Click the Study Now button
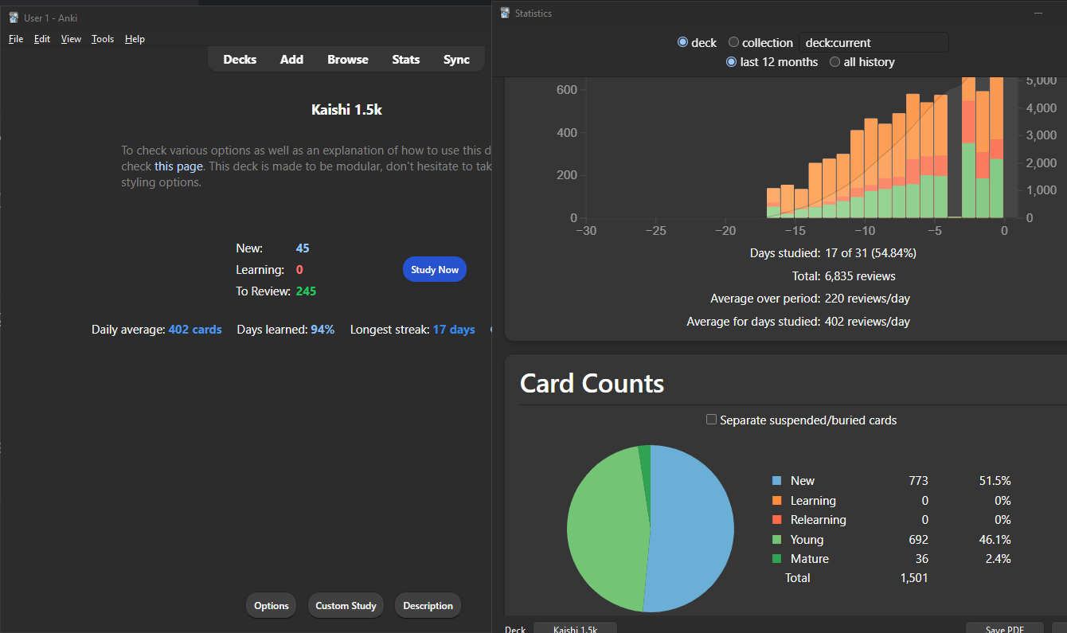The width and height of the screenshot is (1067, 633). click(434, 270)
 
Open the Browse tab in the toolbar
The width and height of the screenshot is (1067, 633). click(347, 60)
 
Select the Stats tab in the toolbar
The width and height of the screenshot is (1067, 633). click(405, 60)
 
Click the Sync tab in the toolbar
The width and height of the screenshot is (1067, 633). click(456, 60)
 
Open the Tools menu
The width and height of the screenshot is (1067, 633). click(103, 39)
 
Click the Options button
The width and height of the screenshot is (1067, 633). click(271, 606)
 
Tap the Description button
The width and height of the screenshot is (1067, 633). click(428, 606)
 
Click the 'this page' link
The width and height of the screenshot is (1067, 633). click(179, 166)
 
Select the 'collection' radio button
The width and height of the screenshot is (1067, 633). click(734, 43)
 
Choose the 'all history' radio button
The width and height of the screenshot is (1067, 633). click(835, 62)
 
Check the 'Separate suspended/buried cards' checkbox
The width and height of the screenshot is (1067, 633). click(712, 420)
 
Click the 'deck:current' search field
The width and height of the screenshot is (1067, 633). click(874, 43)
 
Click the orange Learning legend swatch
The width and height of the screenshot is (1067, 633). click(776, 501)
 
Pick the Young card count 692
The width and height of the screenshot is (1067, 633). click(918, 540)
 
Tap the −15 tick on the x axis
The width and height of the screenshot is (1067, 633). click(795, 231)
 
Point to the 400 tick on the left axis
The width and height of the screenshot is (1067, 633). click(566, 132)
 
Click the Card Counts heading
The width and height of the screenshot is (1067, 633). click(592, 384)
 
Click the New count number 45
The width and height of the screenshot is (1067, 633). click(303, 248)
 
